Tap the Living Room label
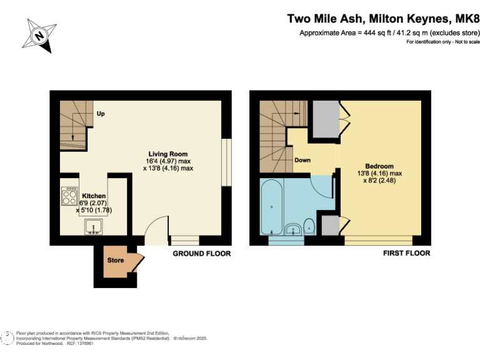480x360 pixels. tap(167, 154)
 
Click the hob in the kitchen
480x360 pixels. tap(69, 197)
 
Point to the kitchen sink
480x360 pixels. tap(92, 227)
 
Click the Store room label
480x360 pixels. tap(116, 259)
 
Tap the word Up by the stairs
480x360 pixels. tap(100, 113)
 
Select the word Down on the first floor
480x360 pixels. tap(302, 160)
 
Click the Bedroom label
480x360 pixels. tap(379, 166)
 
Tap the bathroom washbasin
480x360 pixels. tap(293, 230)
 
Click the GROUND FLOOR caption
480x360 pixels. tap(202, 254)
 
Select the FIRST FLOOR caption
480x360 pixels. tap(406, 254)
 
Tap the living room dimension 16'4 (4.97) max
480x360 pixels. tap(167, 161)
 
